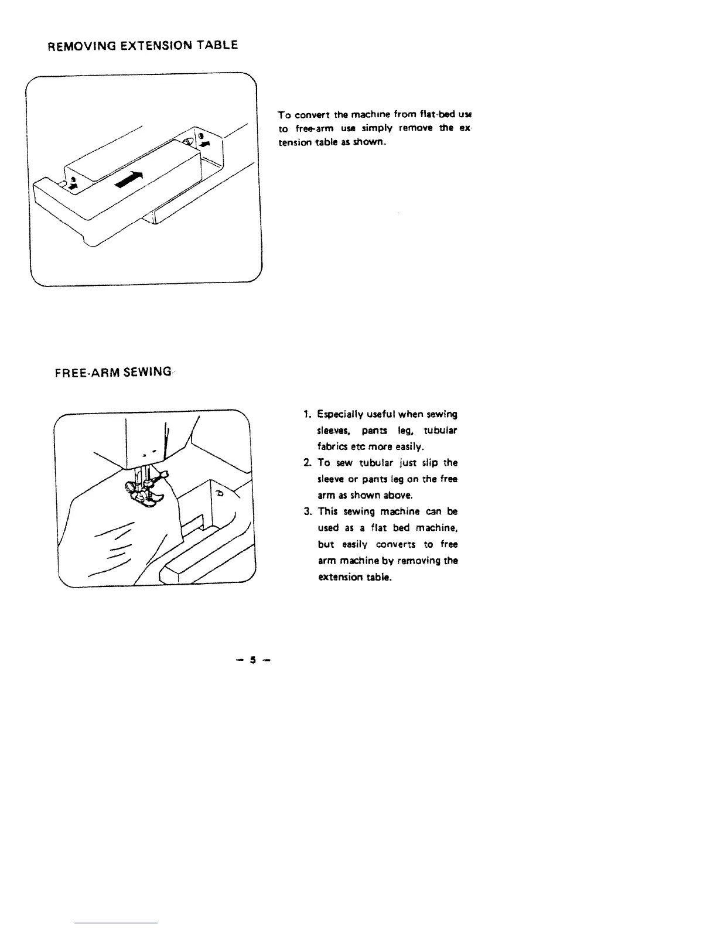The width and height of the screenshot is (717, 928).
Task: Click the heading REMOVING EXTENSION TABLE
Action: [143, 46]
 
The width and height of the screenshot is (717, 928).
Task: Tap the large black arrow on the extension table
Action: [129, 179]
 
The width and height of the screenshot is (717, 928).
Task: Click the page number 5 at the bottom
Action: [254, 660]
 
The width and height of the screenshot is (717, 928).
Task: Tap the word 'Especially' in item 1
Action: [342, 414]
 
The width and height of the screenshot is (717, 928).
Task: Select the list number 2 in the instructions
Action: [307, 463]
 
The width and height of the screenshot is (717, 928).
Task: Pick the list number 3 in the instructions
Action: [307, 511]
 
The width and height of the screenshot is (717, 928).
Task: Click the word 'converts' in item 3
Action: [397, 544]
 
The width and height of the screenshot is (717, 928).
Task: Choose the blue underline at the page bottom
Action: [117, 923]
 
